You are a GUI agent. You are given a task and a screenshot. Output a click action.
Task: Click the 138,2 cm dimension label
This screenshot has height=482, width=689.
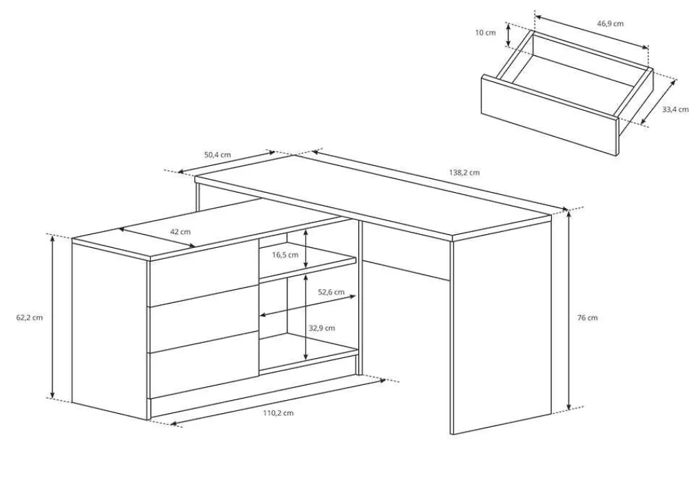pyautogui.click(x=464, y=173)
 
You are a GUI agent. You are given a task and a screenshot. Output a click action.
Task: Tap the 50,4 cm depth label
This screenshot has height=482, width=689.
pyautogui.click(x=218, y=154)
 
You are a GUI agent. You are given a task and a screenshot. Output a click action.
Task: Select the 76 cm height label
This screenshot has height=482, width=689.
pyautogui.click(x=588, y=318)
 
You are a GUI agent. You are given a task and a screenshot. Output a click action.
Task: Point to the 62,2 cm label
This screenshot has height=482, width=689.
pyautogui.click(x=30, y=317)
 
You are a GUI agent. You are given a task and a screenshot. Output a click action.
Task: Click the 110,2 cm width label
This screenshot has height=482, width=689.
pyautogui.click(x=278, y=412)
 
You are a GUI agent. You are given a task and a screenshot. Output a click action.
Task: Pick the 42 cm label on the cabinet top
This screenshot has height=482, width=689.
pyautogui.click(x=180, y=232)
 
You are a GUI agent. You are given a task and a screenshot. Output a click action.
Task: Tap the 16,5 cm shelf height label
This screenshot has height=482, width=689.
pyautogui.click(x=285, y=255)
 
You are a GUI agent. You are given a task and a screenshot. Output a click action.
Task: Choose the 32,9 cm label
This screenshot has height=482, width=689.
pyautogui.click(x=322, y=328)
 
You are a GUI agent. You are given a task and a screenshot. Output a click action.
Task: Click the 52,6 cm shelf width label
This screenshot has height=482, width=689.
pyautogui.click(x=331, y=292)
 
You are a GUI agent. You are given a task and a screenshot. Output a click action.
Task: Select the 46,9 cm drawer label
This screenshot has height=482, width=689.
pyautogui.click(x=610, y=23)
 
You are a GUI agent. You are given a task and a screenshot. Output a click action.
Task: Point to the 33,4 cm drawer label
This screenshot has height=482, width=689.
pyautogui.click(x=675, y=109)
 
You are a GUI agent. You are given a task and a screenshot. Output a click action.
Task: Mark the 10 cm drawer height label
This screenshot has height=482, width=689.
pyautogui.click(x=485, y=33)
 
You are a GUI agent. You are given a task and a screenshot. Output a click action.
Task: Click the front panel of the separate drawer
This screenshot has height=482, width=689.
pyautogui.click(x=550, y=115)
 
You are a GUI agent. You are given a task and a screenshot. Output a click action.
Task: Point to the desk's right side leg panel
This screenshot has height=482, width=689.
pyautogui.click(x=502, y=325)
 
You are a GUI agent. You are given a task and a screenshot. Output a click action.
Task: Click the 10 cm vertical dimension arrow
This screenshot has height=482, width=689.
pyautogui.click(x=509, y=35)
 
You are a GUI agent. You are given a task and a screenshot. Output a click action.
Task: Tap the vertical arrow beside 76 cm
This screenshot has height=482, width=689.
pyautogui.click(x=570, y=310)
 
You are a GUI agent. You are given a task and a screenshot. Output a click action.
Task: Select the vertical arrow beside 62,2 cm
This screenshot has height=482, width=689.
pyautogui.click(x=53, y=317)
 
